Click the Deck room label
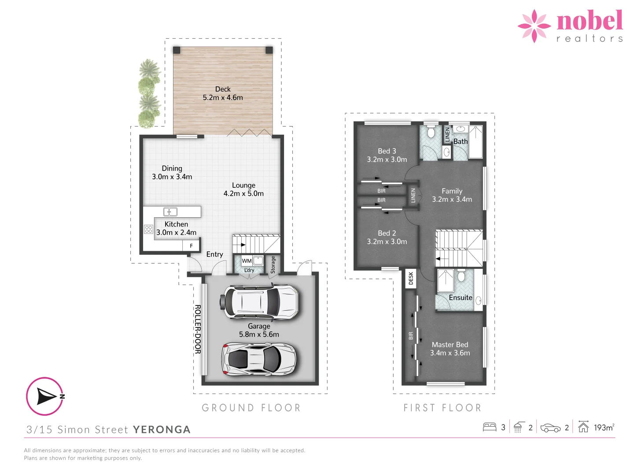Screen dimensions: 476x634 [x=223, y=89]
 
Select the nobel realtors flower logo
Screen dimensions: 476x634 [x=534, y=26]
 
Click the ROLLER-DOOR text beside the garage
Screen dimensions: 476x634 [x=198, y=329]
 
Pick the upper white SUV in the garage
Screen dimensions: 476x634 [x=261, y=302]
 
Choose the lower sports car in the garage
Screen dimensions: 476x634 [x=259, y=359]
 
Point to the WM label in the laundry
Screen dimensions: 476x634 [x=247, y=261]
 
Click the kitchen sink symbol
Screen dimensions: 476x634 [x=170, y=212]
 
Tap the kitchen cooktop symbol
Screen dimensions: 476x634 [x=148, y=229]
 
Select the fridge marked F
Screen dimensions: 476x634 [x=191, y=245]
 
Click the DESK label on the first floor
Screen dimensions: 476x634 [x=411, y=278]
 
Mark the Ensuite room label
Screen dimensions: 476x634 [x=461, y=297]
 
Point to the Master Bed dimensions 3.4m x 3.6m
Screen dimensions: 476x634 [x=450, y=353]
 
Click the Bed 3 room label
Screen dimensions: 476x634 [x=387, y=151]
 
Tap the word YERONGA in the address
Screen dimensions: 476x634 [x=162, y=430]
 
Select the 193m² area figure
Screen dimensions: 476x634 [x=604, y=428]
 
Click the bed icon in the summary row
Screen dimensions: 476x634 [x=490, y=427]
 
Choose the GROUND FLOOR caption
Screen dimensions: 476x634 [x=251, y=408]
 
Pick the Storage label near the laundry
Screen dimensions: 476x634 [x=273, y=265]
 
